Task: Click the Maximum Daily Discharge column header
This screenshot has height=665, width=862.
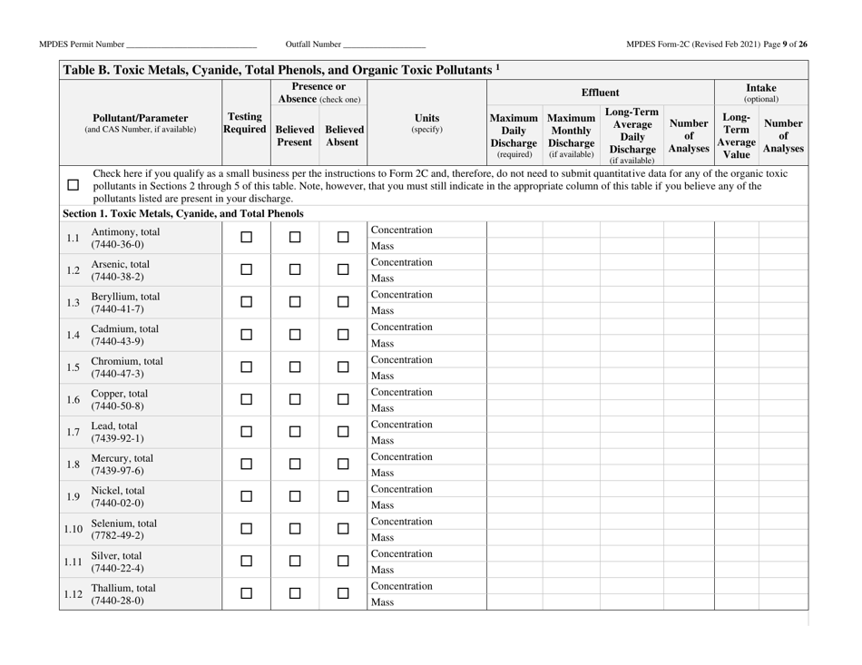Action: (x=514, y=134)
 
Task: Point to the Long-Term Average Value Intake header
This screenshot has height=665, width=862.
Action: (x=736, y=134)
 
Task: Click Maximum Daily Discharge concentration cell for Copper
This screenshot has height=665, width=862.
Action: (x=514, y=392)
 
